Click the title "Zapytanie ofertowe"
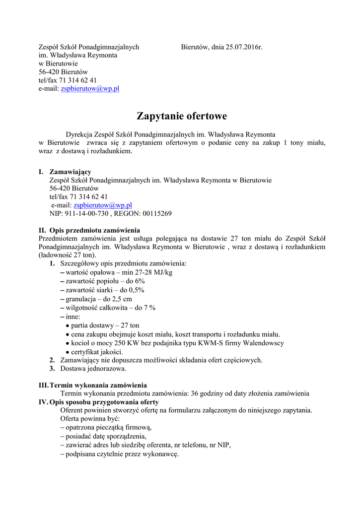click(x=182, y=117)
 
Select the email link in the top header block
click(x=90, y=89)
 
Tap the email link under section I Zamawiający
click(x=103, y=205)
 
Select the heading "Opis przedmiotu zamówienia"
click(x=94, y=231)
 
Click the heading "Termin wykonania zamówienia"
click(x=98, y=385)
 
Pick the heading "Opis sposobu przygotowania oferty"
click(x=104, y=402)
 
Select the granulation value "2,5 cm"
click(x=122, y=299)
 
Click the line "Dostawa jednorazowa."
click(x=93, y=369)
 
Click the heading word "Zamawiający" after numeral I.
click(x=70, y=172)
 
